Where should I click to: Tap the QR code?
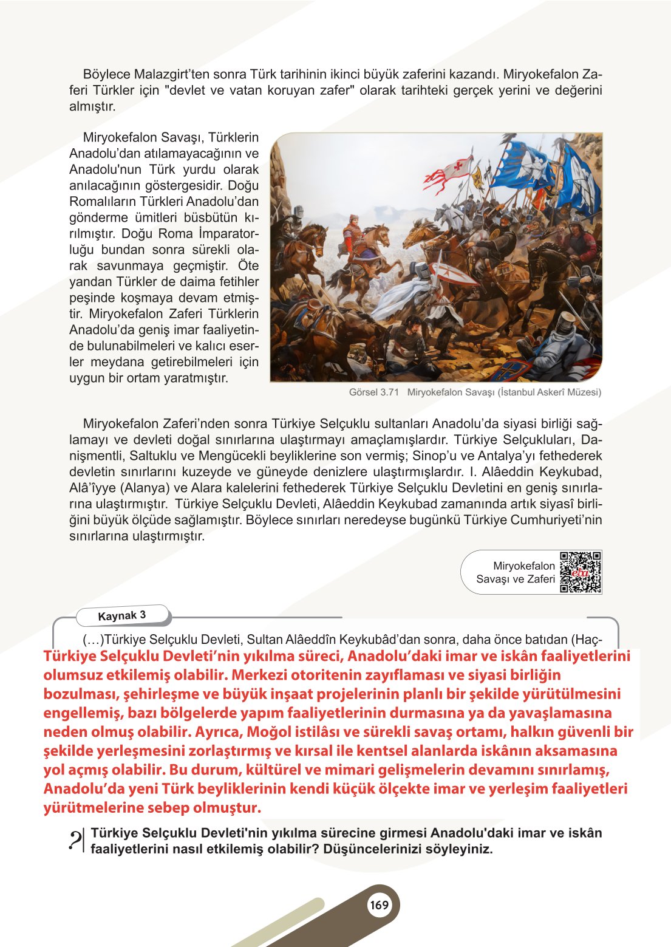(x=581, y=572)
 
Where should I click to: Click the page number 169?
(x=379, y=905)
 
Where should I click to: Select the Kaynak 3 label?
(x=122, y=615)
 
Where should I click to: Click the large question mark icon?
(x=77, y=840)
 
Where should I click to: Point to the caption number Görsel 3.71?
(x=374, y=392)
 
